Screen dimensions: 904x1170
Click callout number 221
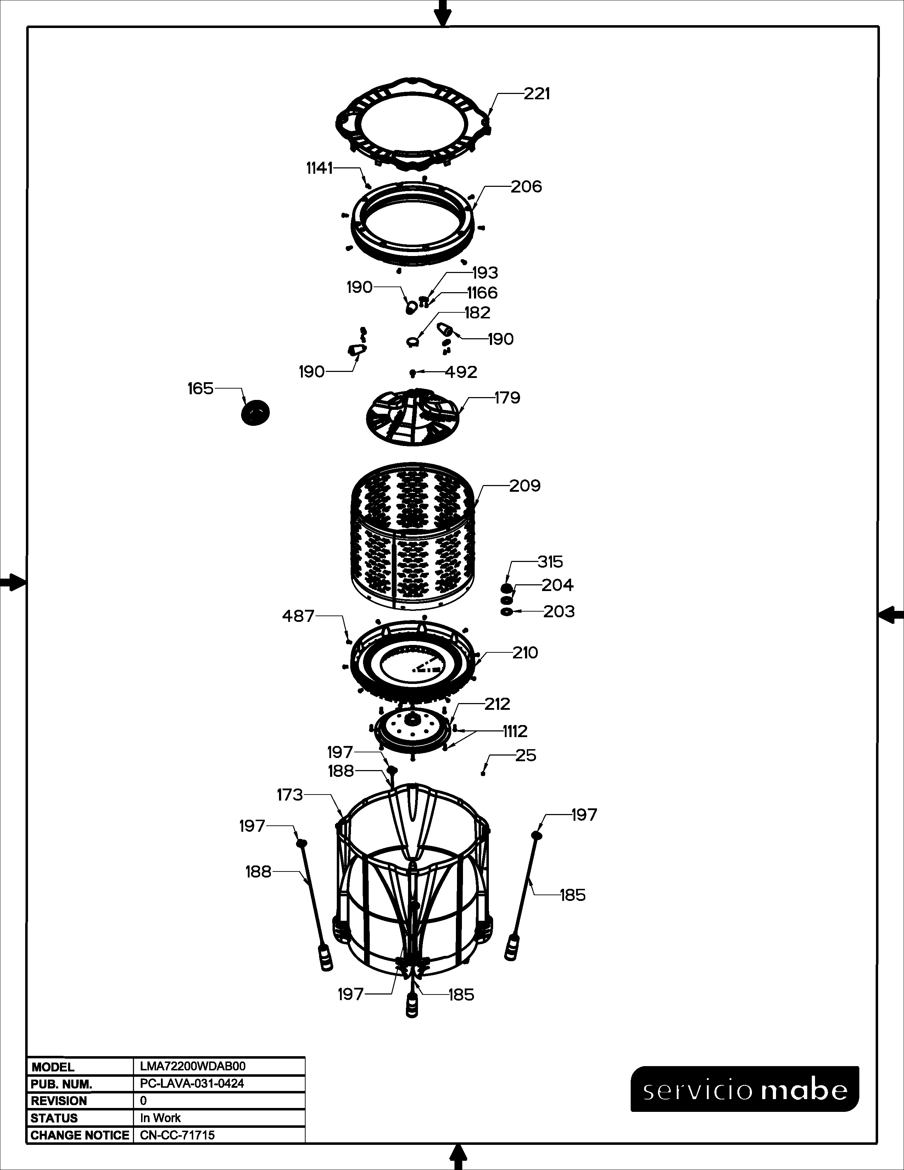coord(537,94)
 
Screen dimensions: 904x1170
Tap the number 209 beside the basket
coord(525,485)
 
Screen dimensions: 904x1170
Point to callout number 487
coord(298,616)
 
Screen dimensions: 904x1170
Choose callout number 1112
coord(515,731)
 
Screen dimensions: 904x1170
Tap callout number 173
coord(290,795)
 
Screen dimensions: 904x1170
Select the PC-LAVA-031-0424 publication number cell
coord(192,1083)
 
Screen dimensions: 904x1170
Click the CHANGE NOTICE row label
coord(80,1135)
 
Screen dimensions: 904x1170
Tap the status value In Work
coord(160,1118)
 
